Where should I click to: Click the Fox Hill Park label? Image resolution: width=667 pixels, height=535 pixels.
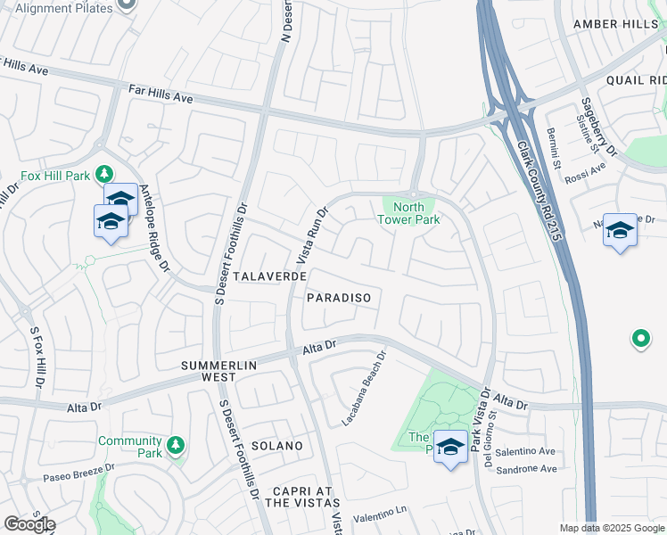coord(55,173)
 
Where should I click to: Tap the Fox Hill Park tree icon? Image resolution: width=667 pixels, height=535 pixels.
coord(104,173)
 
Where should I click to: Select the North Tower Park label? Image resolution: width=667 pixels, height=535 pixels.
coord(408,213)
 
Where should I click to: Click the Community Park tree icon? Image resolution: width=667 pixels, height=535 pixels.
coord(176,443)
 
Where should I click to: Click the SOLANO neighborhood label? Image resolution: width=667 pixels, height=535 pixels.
coord(276,445)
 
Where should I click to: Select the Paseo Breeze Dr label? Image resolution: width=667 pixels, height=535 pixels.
coord(79,473)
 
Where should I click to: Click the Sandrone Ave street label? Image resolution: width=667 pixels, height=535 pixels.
coord(526,469)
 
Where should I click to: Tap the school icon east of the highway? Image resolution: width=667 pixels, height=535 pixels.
coord(620,231)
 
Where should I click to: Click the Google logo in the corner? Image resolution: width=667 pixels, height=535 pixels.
coord(29,524)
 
